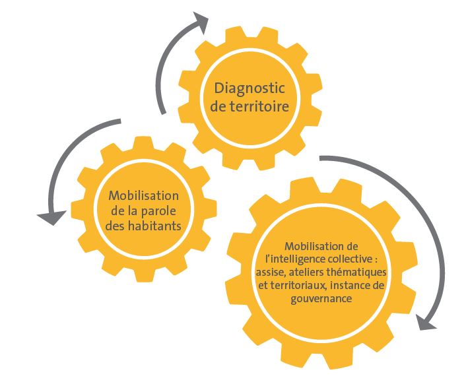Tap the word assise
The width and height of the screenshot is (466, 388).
(277, 273)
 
